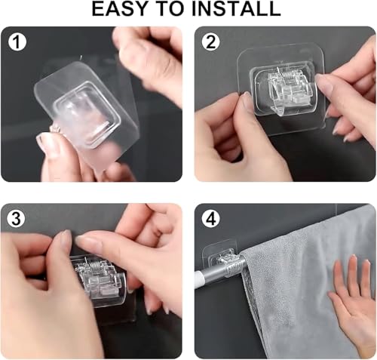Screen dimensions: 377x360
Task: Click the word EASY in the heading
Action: coord(119,9)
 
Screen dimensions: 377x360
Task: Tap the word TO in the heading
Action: coord(169,9)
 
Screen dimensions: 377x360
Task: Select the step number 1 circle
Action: coord(17,42)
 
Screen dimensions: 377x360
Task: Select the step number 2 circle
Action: coord(211,42)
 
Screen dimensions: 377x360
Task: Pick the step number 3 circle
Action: coord(16,219)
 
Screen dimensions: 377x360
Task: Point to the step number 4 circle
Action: coord(211,220)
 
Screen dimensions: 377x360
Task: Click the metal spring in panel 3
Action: coord(93,264)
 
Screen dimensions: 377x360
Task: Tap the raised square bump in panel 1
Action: coord(85,115)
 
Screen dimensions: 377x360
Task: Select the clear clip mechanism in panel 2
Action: coord(284,91)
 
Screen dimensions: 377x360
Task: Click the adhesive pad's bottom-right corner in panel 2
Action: coord(325,125)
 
